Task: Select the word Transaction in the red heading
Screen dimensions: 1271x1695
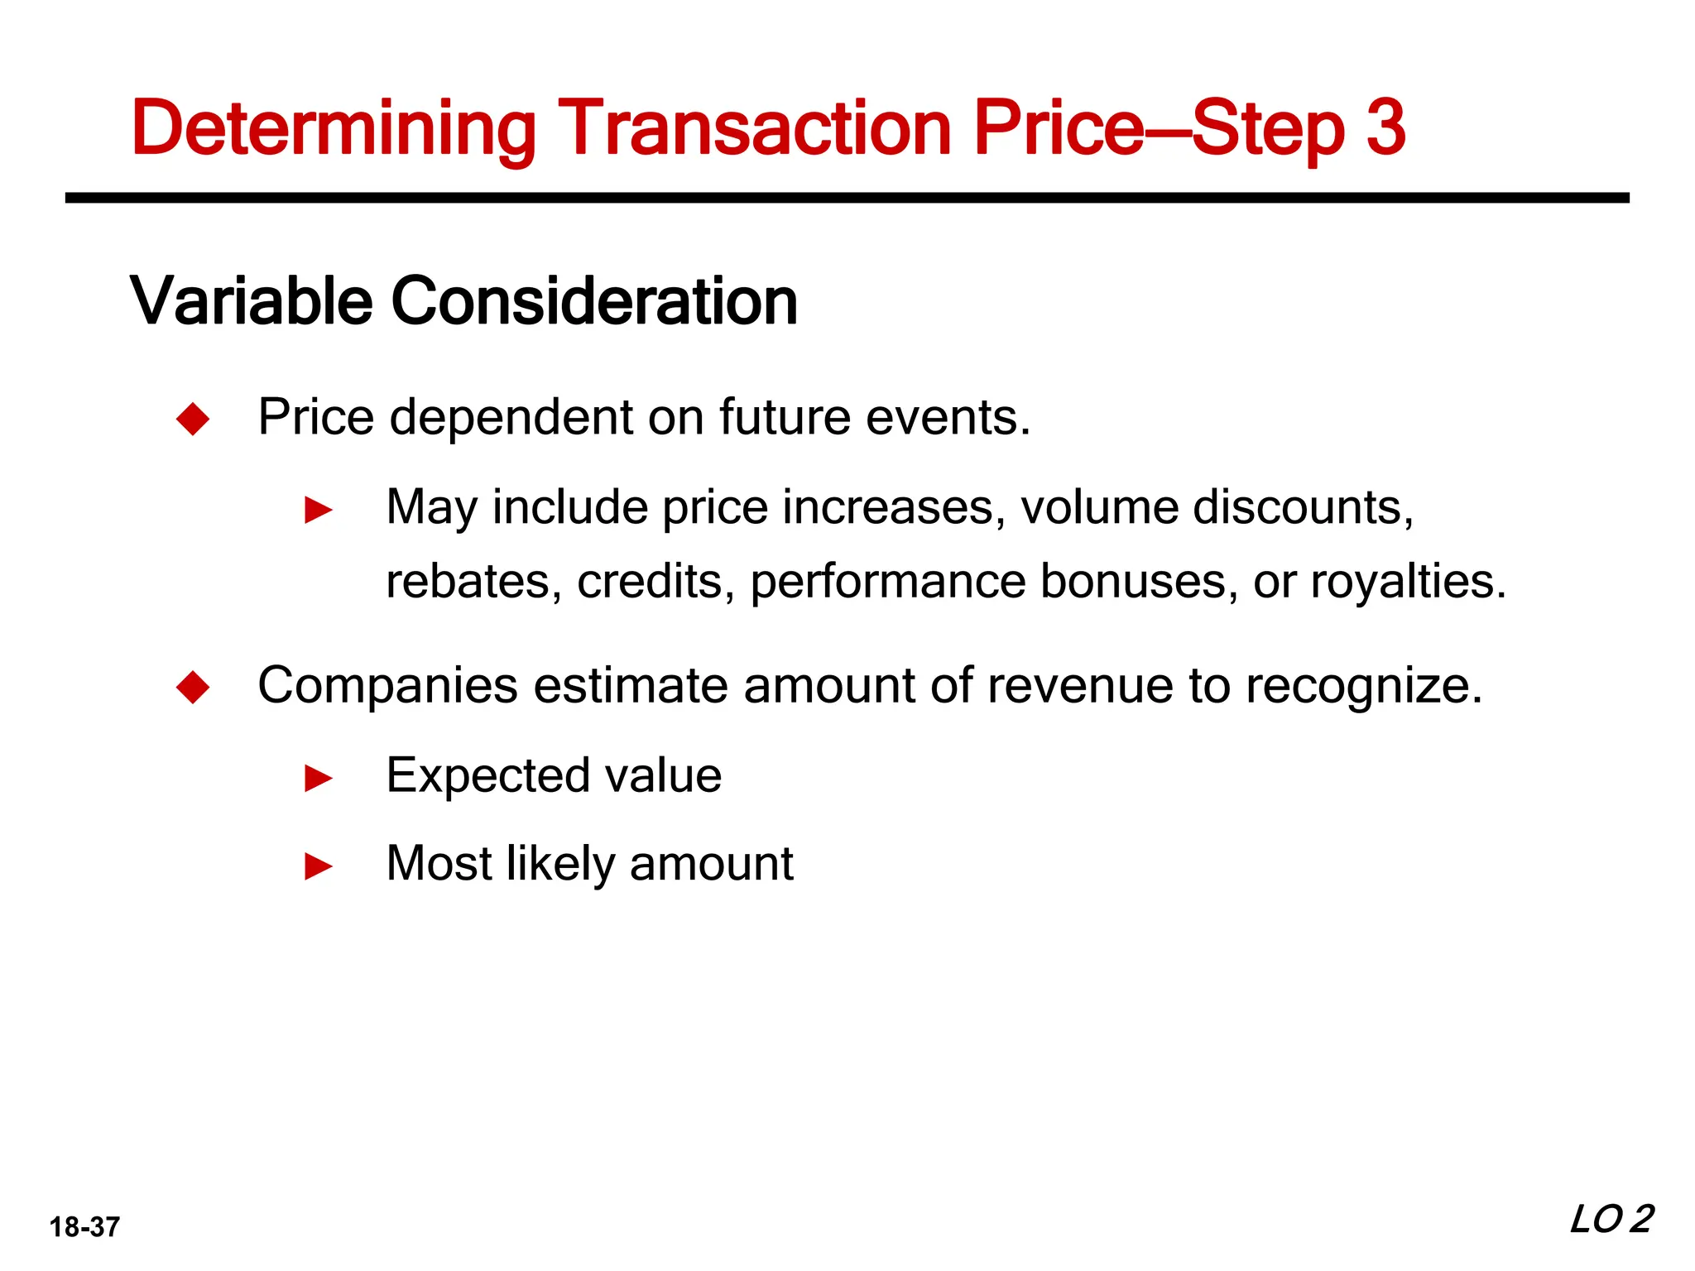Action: click(x=754, y=128)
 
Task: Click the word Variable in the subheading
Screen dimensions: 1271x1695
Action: click(x=251, y=301)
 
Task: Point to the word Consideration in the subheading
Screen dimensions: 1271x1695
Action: click(x=593, y=301)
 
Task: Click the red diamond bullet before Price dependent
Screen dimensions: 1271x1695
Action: click(x=193, y=419)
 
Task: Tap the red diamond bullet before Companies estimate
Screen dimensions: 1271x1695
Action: click(x=193, y=688)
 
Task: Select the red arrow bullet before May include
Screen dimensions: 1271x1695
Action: click(x=319, y=511)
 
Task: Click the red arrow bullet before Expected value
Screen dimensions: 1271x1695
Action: click(x=319, y=779)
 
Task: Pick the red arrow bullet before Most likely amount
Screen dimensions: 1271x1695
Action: click(x=319, y=867)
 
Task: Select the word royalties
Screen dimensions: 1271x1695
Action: click(x=1408, y=582)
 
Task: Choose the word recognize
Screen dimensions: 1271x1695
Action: click(x=1363, y=686)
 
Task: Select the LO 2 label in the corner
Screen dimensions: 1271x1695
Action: click(x=1611, y=1220)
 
